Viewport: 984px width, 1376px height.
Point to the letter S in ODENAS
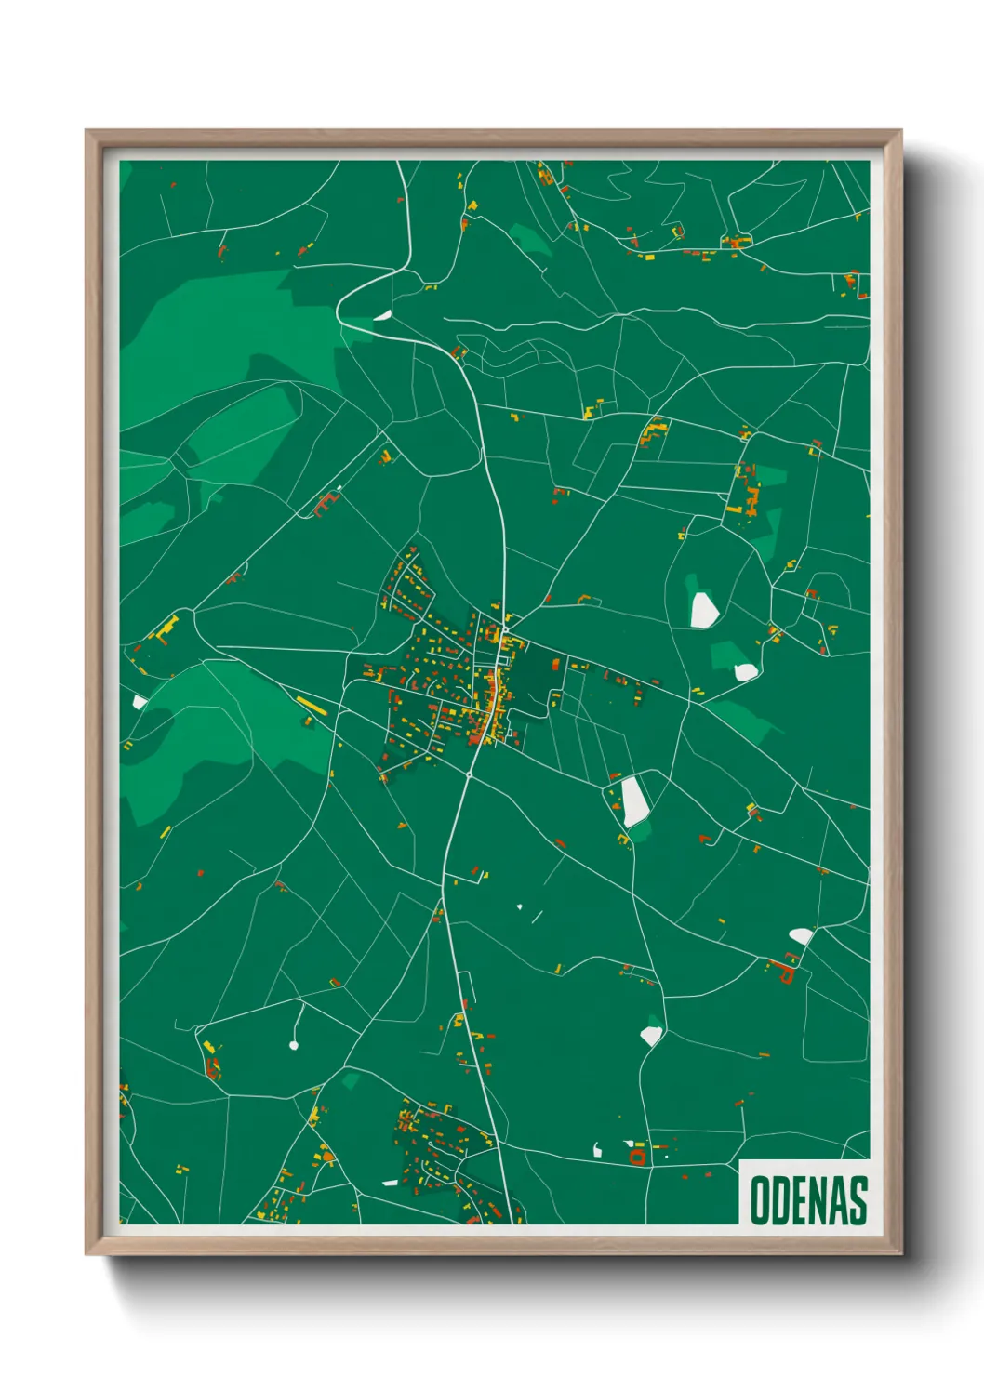pyautogui.click(x=858, y=1200)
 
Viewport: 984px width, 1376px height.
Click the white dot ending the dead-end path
pyautogui.click(x=294, y=1046)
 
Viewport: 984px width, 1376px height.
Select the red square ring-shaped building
pyautogui.click(x=637, y=1156)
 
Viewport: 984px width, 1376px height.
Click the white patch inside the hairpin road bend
pyautogui.click(x=382, y=314)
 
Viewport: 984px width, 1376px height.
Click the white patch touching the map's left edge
pyautogui.click(x=140, y=702)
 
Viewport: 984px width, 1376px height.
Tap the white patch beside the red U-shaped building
pyautogui.click(x=800, y=935)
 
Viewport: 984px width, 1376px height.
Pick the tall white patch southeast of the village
pyautogui.click(x=635, y=800)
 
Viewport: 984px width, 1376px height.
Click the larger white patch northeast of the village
pyautogui.click(x=703, y=609)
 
